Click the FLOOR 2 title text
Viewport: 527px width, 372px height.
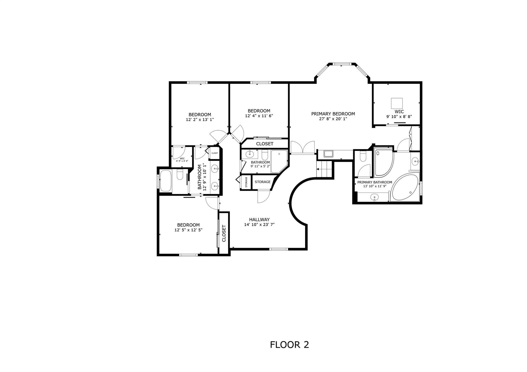coord(289,344)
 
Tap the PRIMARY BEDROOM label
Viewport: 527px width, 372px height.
coord(333,114)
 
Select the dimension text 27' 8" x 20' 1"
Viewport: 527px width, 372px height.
coord(333,119)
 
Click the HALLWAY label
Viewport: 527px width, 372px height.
coord(259,220)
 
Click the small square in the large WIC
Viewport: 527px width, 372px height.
coord(397,103)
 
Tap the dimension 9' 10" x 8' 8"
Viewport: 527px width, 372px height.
coord(399,116)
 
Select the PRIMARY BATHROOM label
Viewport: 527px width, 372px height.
coord(375,182)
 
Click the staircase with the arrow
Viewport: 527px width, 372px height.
coord(325,169)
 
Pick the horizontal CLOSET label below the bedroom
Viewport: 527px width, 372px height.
coord(265,144)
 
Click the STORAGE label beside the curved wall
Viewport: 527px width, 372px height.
coord(262,182)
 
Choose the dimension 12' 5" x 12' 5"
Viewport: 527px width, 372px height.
coord(188,230)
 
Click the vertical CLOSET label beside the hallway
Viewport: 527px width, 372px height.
coord(224,233)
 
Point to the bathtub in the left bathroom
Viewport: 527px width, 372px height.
coord(165,181)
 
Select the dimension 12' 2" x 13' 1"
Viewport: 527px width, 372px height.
coord(200,120)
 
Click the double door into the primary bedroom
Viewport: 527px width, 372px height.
coord(303,148)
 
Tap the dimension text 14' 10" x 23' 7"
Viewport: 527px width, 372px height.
coord(259,225)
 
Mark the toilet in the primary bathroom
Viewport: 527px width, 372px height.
coord(363,157)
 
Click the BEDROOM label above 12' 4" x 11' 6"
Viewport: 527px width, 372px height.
coord(259,111)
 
